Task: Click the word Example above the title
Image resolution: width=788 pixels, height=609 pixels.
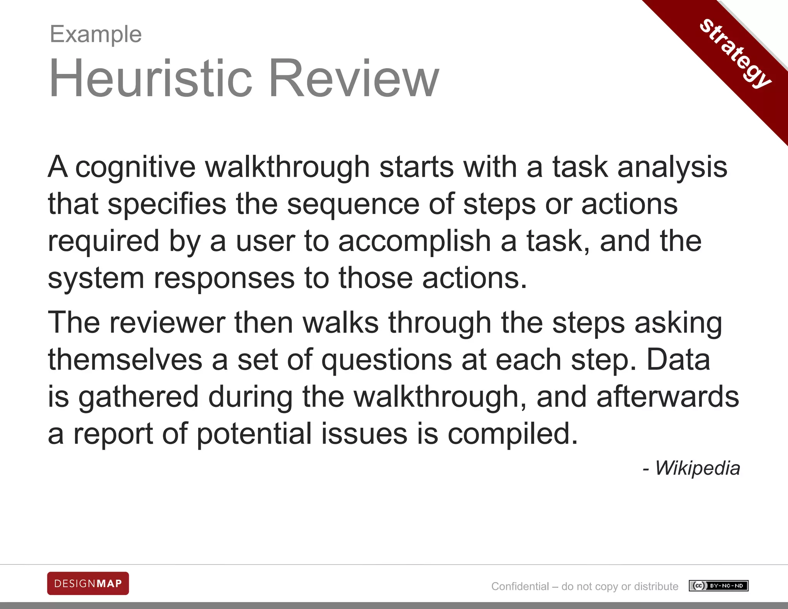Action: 96,34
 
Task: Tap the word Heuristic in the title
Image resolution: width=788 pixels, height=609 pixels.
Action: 150,79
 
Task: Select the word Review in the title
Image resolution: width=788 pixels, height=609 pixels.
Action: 354,79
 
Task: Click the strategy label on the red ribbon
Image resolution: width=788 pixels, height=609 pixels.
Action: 735,54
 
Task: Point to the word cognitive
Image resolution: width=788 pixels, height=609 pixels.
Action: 135,167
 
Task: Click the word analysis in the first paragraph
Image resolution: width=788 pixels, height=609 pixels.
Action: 672,167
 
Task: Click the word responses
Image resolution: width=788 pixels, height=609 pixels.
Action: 224,278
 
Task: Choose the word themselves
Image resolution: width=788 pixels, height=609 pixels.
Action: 125,360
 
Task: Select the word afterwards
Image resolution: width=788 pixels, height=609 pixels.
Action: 668,397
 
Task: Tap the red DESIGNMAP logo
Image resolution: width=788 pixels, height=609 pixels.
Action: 88,583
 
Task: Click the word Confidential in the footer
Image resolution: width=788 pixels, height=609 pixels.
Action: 520,586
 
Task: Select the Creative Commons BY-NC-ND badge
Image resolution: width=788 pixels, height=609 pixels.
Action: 718,586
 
